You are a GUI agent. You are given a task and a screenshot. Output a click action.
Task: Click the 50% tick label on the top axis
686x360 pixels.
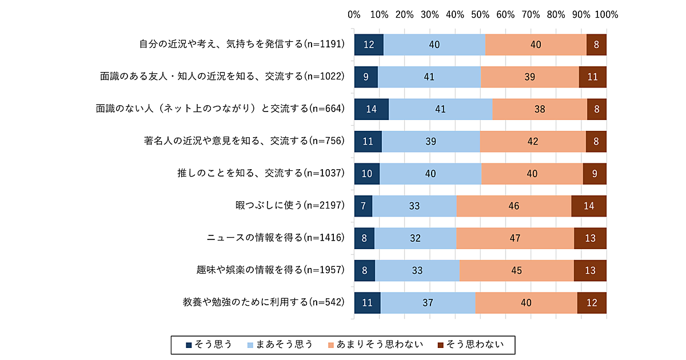coord(480,14)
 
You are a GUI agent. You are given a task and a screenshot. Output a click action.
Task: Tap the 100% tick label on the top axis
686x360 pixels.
coord(607,14)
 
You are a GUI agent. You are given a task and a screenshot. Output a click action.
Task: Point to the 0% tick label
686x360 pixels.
coord(354,14)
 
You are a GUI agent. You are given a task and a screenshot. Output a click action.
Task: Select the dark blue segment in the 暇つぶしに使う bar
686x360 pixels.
coord(364,206)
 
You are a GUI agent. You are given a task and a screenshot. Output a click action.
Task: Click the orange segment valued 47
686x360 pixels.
coord(515,238)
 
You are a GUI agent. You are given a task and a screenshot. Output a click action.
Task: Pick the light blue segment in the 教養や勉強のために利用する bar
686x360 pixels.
coord(428,302)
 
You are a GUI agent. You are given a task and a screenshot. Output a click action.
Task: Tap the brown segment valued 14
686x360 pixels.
coord(589,206)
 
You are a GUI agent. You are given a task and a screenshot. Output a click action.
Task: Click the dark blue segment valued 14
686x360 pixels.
coord(372,109)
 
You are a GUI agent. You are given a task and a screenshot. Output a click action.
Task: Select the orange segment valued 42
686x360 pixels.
coord(533,141)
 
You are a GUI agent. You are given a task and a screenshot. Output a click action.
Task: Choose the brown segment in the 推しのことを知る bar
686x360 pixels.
coord(595,173)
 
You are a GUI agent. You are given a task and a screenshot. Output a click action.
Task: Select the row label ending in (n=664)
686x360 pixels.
coord(220,109)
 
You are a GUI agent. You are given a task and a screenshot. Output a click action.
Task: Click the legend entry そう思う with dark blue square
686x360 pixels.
coord(209,344)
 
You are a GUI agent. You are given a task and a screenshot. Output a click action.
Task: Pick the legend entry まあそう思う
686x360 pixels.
coord(280,344)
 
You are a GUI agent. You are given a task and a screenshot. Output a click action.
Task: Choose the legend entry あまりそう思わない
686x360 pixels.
coord(375,344)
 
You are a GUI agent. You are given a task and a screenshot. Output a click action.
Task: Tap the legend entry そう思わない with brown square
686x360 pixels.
coord(470,344)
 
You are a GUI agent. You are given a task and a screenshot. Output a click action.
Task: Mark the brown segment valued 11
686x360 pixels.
coord(592,77)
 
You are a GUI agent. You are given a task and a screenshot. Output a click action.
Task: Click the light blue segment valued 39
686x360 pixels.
coord(430,141)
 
